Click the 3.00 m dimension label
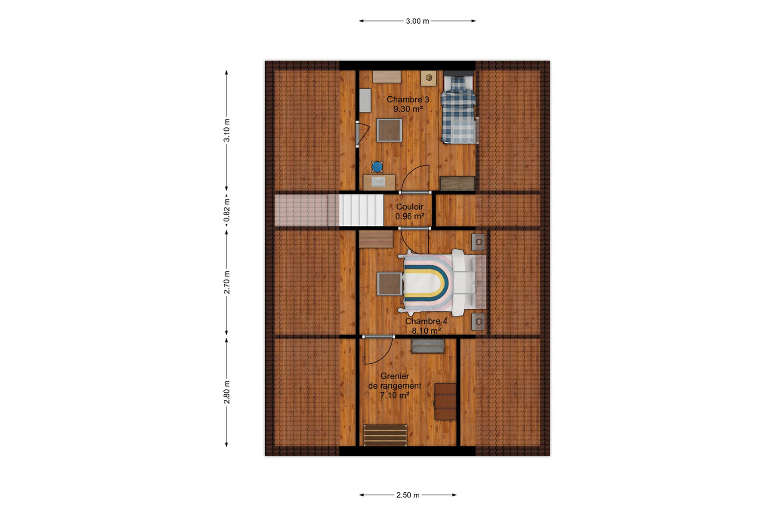[x=417, y=21]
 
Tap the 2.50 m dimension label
[x=408, y=495]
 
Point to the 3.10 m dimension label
[x=227, y=130]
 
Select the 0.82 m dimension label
[x=227, y=210]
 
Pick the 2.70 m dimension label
[x=227, y=283]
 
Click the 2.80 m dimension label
[x=227, y=393]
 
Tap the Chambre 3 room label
[x=408, y=99]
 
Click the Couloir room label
[x=410, y=207]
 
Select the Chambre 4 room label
[x=426, y=321]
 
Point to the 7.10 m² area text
[x=395, y=395]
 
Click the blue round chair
[x=377, y=166]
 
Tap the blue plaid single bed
[x=458, y=109]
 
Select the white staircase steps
[x=361, y=210]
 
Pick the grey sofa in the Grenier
[x=428, y=346]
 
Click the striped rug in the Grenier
[x=385, y=435]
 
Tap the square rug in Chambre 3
[x=390, y=130]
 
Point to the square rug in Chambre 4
[x=390, y=284]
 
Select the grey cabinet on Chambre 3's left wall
[x=365, y=101]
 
